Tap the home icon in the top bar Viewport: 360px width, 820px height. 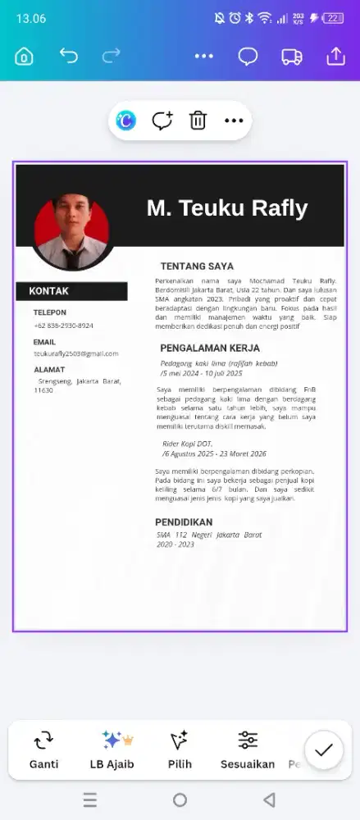click(25, 57)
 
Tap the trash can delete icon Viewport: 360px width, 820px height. click(198, 121)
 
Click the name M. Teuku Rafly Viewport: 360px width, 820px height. click(227, 208)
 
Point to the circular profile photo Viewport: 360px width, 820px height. click(73, 232)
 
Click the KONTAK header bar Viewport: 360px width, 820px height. click(71, 291)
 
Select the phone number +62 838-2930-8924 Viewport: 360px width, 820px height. click(63, 326)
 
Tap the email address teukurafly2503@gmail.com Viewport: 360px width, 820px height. click(75, 353)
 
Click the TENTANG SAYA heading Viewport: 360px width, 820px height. click(197, 266)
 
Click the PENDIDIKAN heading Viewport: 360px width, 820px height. click(184, 522)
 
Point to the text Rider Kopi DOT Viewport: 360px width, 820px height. click(187, 444)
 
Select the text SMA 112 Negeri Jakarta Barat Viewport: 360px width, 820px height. click(209, 535)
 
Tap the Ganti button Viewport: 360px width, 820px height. click(43, 750)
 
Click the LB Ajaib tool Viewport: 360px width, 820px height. click(112, 750)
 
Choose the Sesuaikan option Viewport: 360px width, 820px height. click(248, 750)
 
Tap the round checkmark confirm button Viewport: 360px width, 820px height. click(324, 749)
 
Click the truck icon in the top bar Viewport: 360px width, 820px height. click(292, 57)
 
